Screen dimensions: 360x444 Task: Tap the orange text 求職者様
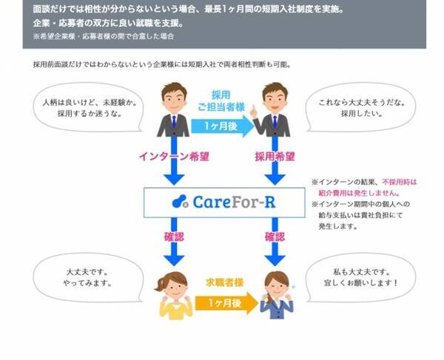click(x=221, y=282)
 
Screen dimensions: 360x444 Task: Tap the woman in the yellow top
click(x=172, y=296)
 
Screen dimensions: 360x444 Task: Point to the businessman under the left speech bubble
click(x=172, y=111)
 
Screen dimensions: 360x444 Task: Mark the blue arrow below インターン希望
click(x=172, y=174)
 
